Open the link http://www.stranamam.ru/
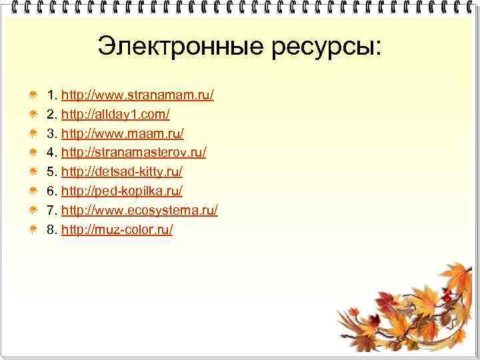(x=137, y=95)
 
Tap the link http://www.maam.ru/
(x=122, y=134)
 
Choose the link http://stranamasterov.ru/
(x=133, y=153)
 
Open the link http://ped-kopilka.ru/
(x=121, y=191)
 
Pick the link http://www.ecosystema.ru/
(x=139, y=211)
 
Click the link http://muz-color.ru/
(x=117, y=230)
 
